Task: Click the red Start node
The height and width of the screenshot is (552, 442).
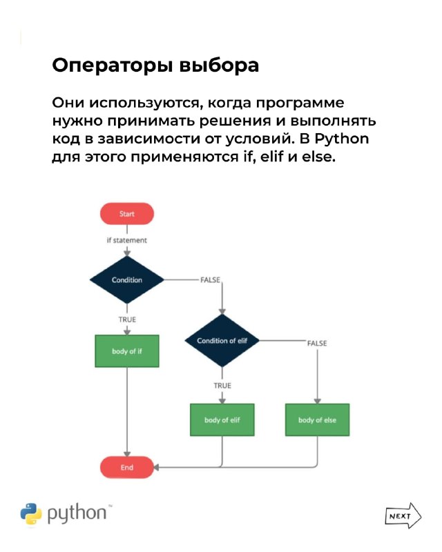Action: [127, 214]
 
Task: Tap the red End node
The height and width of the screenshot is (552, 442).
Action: [127, 467]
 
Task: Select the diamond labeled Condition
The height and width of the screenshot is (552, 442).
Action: [127, 280]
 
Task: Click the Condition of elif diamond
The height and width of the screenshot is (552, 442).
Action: [222, 340]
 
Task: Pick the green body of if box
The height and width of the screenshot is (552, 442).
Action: [127, 351]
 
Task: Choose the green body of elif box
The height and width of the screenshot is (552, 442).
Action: [222, 420]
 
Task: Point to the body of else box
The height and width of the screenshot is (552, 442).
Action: [317, 420]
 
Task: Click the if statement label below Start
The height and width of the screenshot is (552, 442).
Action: [127, 240]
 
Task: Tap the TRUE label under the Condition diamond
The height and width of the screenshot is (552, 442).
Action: [127, 319]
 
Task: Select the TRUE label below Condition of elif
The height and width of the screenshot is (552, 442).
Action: [222, 386]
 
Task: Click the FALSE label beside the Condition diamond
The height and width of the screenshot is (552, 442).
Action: [211, 280]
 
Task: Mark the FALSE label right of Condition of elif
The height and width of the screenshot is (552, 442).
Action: [317, 343]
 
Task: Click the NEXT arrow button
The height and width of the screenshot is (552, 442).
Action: [403, 515]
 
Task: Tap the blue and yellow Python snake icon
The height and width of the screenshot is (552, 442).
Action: [31, 514]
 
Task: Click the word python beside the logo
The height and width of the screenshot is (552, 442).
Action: [77, 513]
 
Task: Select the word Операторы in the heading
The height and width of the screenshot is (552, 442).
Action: [113, 66]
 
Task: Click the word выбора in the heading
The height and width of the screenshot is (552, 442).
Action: [219, 65]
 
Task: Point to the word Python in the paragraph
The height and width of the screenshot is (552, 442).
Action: [342, 139]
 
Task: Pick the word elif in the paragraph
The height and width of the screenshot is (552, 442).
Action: [271, 157]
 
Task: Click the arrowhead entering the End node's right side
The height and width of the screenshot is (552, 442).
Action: [156, 467]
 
